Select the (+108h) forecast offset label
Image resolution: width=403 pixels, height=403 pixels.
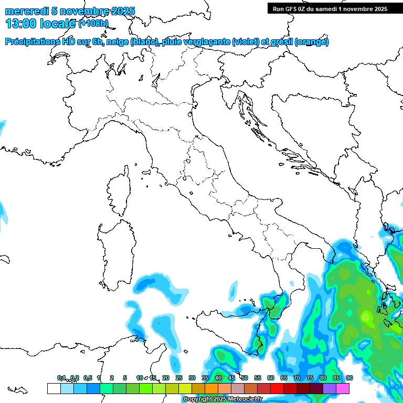tap(93, 24)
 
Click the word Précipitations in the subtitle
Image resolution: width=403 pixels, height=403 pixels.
tap(32, 42)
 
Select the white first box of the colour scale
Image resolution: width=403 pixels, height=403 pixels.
tap(54, 388)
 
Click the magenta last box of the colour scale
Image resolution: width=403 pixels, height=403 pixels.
tap(343, 388)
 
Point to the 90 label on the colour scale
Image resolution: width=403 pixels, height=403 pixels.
tap(349, 378)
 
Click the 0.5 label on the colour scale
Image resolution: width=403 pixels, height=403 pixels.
tap(88, 378)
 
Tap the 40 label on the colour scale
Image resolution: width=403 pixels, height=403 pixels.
tap(218, 378)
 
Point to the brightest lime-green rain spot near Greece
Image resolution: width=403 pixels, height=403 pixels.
tap(366, 316)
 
